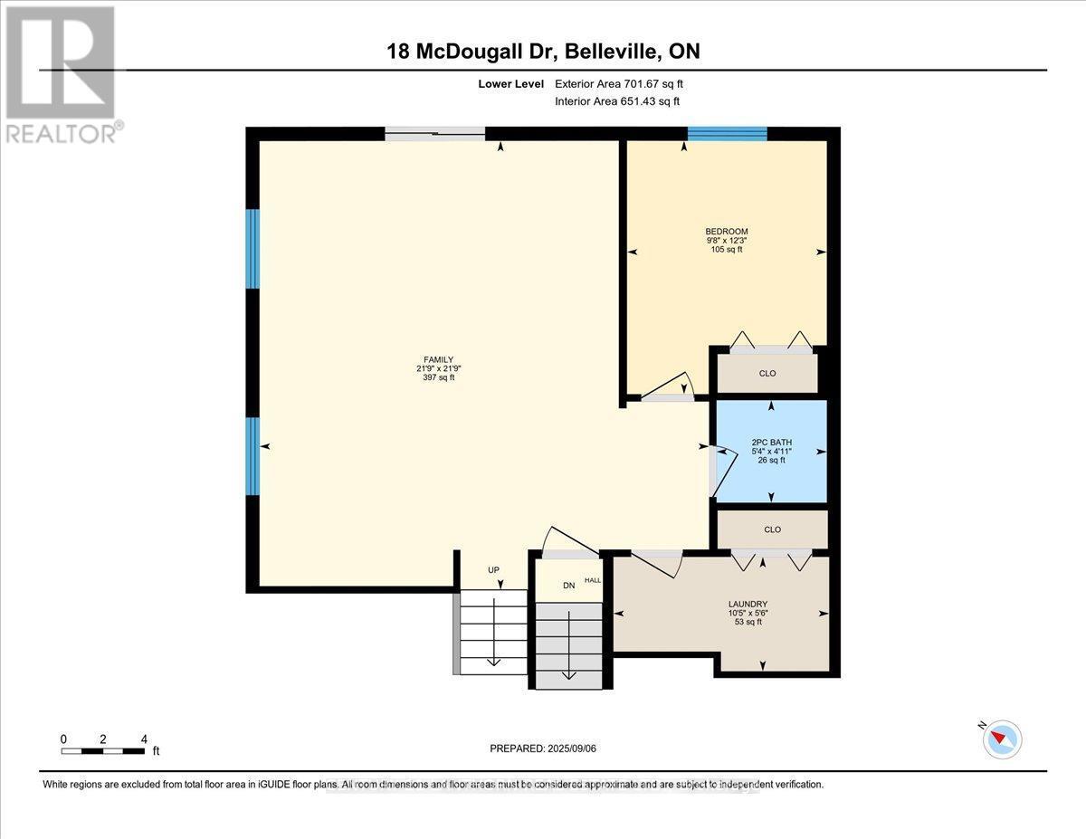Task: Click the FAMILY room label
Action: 440,359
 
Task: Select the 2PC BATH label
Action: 771,443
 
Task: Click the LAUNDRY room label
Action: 748,604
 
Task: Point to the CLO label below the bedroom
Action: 768,373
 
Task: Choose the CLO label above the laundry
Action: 772,529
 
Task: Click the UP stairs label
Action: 493,570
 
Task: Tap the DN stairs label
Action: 569,586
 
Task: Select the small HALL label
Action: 593,580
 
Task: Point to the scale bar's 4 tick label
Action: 144,739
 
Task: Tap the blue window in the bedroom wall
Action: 727,134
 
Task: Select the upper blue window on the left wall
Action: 253,249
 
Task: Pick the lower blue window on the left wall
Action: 253,455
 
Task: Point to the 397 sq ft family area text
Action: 440,377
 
